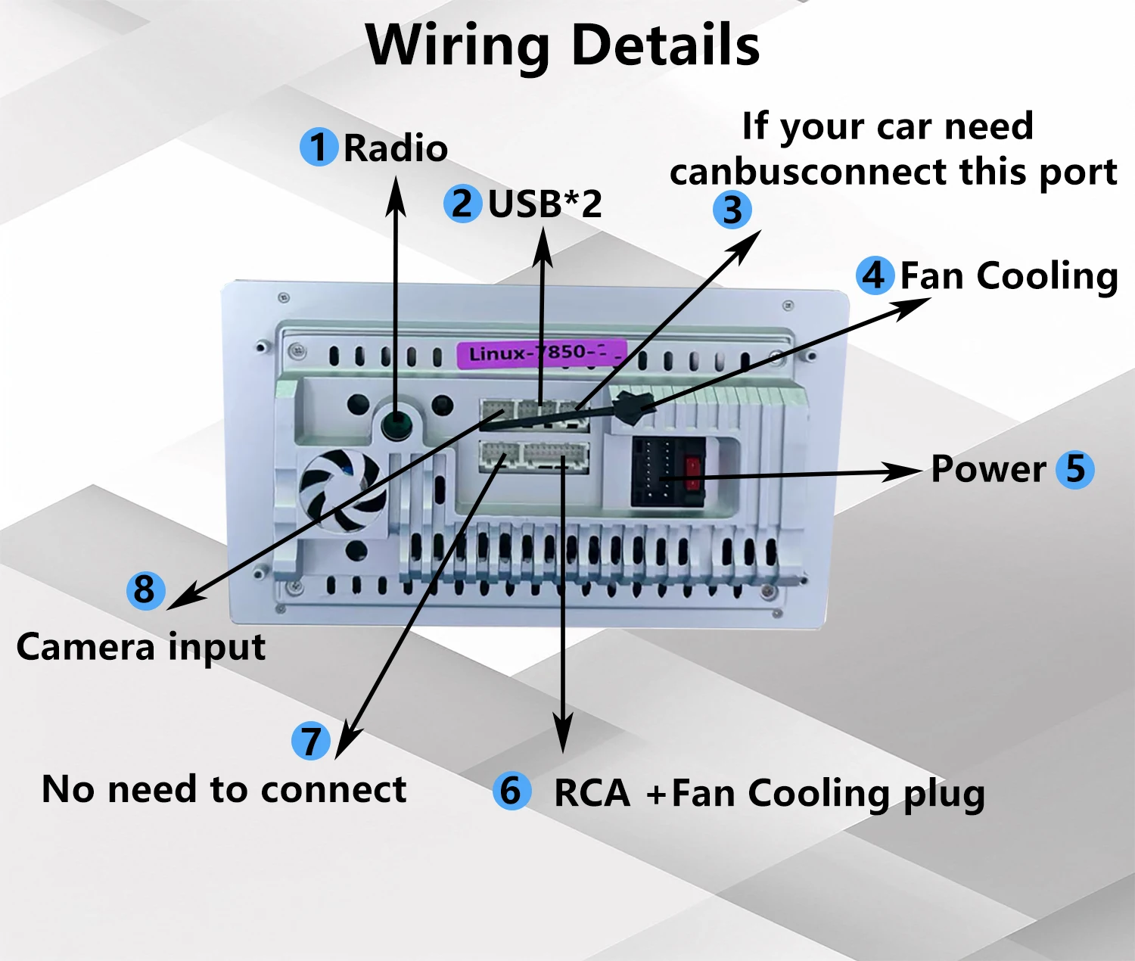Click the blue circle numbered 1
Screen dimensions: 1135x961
319,147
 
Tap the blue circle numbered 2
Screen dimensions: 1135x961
463,204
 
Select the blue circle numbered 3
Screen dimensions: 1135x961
732,210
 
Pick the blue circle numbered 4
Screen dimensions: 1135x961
875,275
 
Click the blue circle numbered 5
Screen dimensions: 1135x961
1075,469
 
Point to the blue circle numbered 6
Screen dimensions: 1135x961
512,791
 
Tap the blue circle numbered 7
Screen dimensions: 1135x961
311,741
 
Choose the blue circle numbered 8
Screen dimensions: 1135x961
145,590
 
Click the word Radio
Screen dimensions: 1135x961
395,148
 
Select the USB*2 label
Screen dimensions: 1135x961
545,204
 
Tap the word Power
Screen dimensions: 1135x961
988,470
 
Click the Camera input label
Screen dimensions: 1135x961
141,647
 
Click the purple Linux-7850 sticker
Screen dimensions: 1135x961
542,353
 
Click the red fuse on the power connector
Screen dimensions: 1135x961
694,474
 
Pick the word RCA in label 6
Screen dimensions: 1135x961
592,794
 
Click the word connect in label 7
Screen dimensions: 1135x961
333,790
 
